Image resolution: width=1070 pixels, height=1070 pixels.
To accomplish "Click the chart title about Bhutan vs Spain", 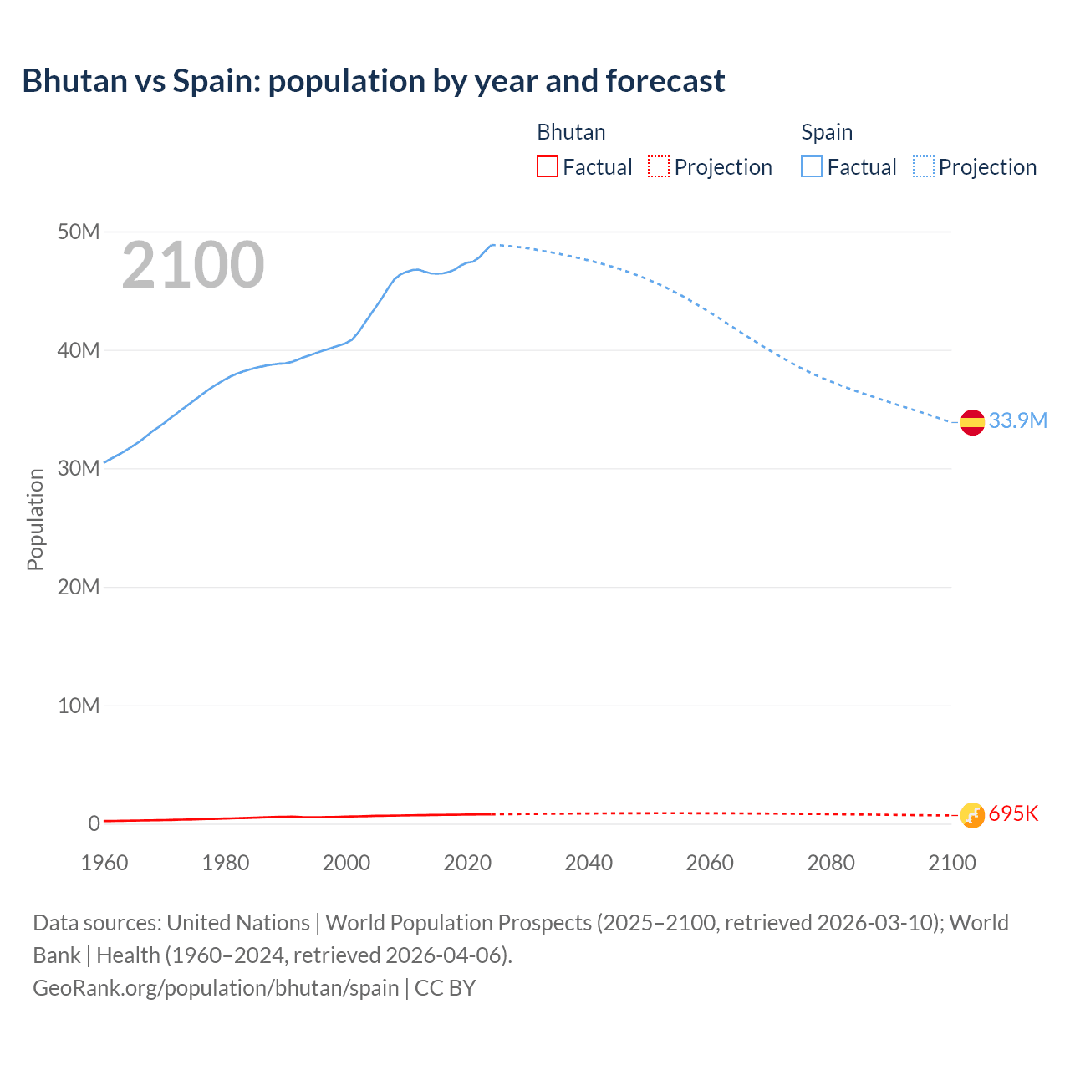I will tap(374, 81).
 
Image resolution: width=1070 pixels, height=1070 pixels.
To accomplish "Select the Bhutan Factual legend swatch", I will tap(547, 167).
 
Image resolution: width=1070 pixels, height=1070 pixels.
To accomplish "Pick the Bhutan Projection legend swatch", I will tap(659, 167).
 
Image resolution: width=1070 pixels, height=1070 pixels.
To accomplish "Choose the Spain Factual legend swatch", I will tap(812, 167).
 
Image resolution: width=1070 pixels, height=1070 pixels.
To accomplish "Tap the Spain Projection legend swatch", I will tap(924, 167).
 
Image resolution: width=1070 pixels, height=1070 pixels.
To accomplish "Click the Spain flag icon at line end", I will tap(972, 423).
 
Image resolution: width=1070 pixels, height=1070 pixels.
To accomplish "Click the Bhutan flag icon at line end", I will tap(972, 814).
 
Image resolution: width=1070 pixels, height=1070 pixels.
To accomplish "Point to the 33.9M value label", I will tap(1017, 420).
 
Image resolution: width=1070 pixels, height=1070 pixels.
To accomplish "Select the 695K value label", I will tap(1013, 813).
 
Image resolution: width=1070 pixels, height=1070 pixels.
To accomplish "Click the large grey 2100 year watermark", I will tap(193, 265).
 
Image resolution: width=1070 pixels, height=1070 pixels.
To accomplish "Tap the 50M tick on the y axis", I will tap(79, 232).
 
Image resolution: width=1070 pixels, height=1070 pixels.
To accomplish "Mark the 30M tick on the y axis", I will tap(79, 468).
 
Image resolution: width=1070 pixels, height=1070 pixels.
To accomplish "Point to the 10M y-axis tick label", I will tap(79, 706).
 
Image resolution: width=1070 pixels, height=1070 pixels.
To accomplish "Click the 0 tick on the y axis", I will tap(94, 823).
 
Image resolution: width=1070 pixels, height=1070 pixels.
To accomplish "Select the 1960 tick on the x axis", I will tap(104, 863).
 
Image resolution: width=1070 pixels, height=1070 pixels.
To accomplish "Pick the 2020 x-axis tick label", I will tap(467, 863).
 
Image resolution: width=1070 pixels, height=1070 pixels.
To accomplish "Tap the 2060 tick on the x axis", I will tap(710, 863).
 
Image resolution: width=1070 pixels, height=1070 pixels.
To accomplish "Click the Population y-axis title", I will tap(35, 519).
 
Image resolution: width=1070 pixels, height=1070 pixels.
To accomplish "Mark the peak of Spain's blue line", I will tap(493, 245).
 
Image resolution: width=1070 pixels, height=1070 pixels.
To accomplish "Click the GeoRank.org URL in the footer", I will tap(216, 987).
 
